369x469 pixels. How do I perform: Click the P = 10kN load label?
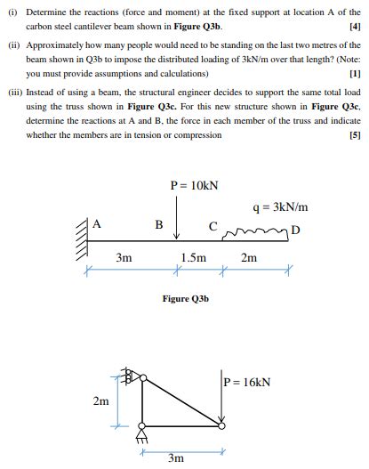pos(194,186)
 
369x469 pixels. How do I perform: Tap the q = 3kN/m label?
pos(279,208)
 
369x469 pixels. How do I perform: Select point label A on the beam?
pos(98,224)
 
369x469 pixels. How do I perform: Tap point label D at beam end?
pos(295,232)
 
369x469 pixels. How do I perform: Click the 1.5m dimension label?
pos(194,258)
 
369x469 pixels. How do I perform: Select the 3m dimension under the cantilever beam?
pos(124,258)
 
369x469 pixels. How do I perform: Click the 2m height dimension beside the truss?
pos(101,401)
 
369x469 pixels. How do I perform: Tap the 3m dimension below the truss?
pos(176,458)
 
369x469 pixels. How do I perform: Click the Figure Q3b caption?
pos(185,299)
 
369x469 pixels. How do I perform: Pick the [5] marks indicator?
pos(356,135)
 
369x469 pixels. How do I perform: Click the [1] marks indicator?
pos(356,75)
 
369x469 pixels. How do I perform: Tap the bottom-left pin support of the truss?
pos(140,436)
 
